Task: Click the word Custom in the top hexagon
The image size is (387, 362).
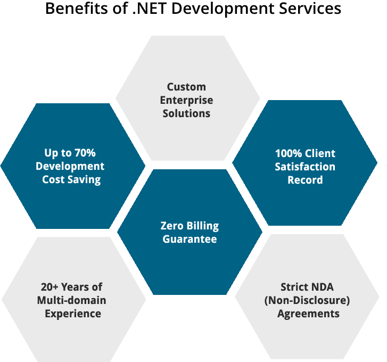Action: [186, 87]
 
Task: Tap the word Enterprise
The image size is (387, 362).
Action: [186, 100]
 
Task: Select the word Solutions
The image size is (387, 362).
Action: [186, 113]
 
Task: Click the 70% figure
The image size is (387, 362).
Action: [85, 153]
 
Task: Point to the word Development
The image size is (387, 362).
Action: [70, 166]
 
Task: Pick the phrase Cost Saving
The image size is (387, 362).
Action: [71, 179]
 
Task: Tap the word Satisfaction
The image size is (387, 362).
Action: [305, 167]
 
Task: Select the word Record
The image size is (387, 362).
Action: [305, 180]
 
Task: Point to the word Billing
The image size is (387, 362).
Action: [203, 226]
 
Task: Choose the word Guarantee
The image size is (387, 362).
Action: [190, 239]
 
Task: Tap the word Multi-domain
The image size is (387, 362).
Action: [71, 300]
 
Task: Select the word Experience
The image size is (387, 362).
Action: [73, 314]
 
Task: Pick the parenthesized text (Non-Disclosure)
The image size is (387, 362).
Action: [307, 300]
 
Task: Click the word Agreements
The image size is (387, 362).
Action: [308, 314]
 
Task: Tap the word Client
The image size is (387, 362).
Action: [321, 153]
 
